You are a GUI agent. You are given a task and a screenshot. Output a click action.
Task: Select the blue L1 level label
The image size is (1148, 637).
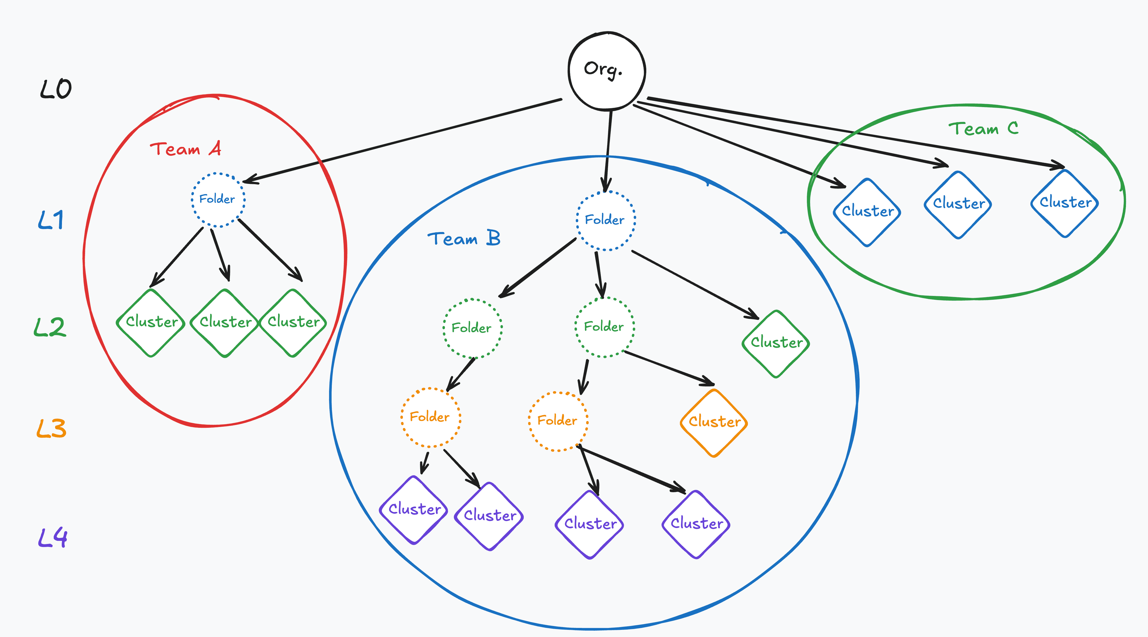(51, 220)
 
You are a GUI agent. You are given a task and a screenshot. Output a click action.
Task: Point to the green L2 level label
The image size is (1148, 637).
(50, 327)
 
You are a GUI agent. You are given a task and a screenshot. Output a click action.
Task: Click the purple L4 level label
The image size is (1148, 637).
(53, 537)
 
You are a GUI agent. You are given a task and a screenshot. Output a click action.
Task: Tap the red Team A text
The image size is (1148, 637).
(185, 149)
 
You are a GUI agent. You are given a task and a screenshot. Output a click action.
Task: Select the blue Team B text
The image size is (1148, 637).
(464, 238)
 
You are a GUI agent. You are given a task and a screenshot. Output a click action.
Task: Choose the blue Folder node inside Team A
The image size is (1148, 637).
(218, 200)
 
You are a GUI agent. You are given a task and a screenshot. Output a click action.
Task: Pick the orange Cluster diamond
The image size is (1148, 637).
(714, 423)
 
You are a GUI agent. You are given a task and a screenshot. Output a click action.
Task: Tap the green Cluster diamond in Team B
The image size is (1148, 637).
(776, 344)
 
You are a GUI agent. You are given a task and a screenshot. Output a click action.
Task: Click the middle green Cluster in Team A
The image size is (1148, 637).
(225, 323)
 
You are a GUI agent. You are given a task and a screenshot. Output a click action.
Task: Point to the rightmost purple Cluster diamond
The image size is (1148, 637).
(696, 524)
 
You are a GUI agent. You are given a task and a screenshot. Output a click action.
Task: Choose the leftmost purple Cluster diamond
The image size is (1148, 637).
(414, 510)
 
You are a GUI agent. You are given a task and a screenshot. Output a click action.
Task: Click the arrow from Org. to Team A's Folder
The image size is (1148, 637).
(402, 141)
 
